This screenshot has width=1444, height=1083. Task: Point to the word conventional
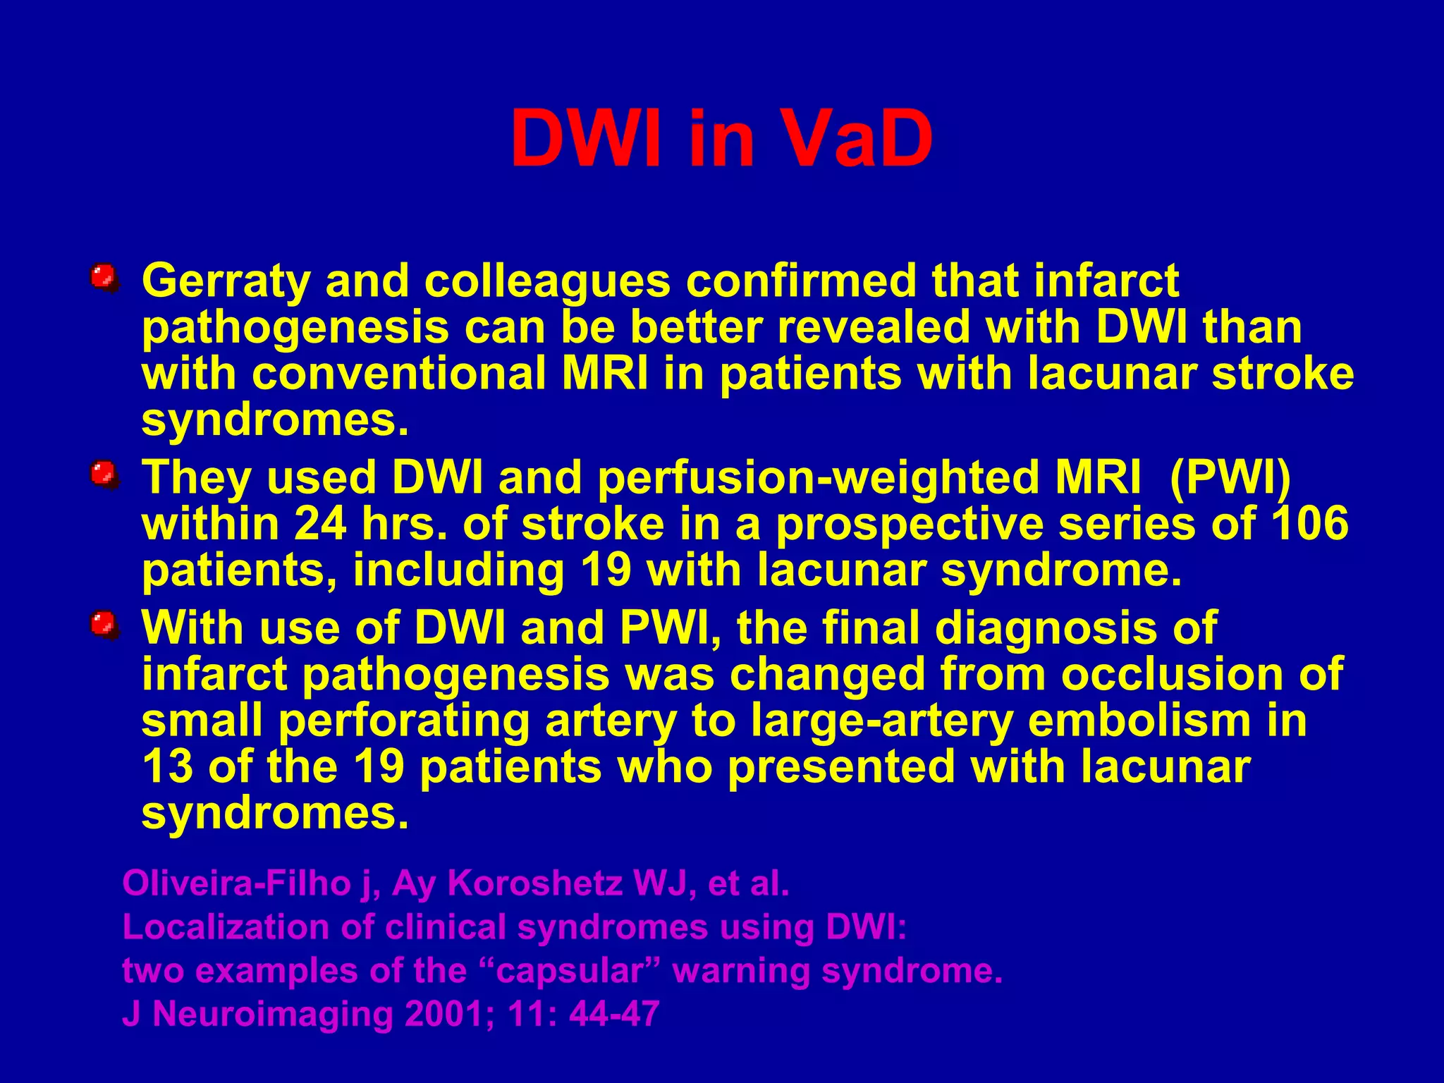tap(399, 374)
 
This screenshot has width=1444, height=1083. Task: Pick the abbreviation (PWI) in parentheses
tap(1230, 478)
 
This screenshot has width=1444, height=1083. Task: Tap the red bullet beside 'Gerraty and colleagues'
tap(104, 277)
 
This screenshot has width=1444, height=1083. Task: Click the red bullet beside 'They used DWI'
tap(104, 473)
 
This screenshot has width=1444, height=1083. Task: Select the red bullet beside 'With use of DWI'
tap(104, 624)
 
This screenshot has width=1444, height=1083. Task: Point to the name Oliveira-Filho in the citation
tap(236, 883)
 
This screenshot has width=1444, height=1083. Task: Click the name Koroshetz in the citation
tap(535, 883)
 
